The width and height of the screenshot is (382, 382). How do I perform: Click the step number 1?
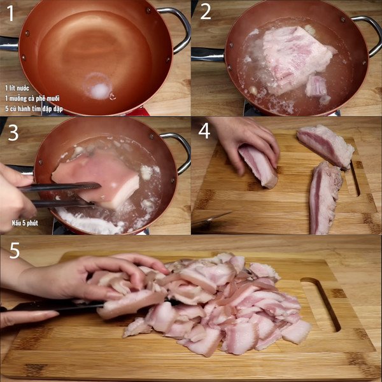coord(10,13)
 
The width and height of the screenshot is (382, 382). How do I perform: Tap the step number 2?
coord(206,12)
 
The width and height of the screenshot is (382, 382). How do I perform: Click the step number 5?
coord(14,250)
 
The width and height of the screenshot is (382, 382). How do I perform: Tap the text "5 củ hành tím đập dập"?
coord(34,110)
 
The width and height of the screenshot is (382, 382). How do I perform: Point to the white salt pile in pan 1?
coord(99,91)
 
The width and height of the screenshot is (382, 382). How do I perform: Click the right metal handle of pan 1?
coord(180,29)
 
